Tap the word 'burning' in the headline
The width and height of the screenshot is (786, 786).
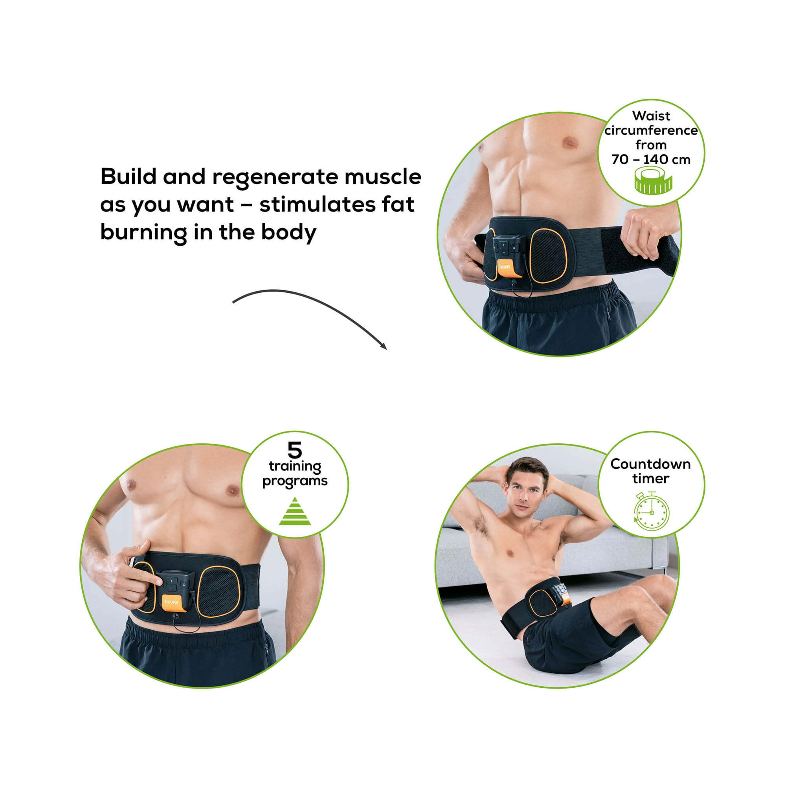[143, 232]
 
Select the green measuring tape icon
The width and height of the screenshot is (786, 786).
[653, 182]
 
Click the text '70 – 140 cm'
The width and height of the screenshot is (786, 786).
[651, 159]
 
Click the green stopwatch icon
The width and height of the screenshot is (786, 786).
[651, 511]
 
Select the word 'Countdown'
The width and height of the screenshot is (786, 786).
[650, 464]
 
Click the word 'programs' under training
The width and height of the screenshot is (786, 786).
[295, 481]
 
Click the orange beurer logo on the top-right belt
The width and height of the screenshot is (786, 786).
[505, 267]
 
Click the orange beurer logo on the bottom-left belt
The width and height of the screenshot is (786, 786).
[172, 602]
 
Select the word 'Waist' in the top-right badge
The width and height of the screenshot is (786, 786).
[651, 116]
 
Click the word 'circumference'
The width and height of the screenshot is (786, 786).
[651, 130]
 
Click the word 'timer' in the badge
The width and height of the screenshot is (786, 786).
[650, 478]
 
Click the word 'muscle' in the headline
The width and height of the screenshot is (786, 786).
[383, 177]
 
